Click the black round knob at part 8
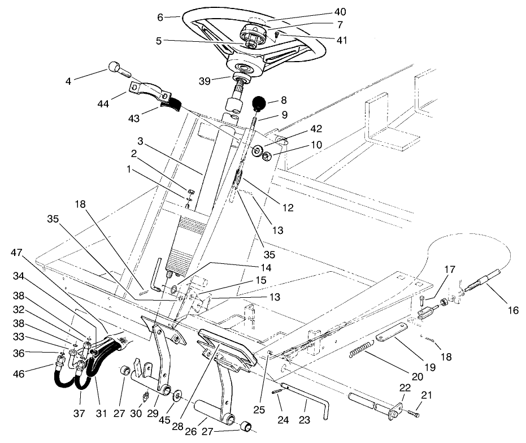tap(259, 103)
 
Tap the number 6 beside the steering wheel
tap(160, 18)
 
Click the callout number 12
tap(288, 208)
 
